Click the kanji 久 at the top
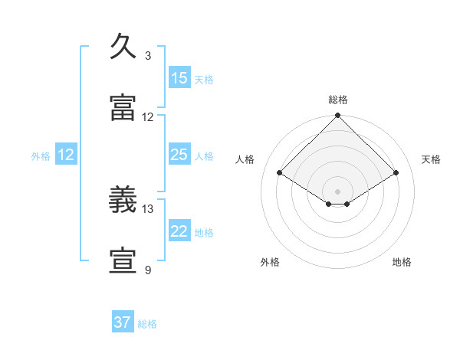tap(123, 46)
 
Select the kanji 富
tap(123, 107)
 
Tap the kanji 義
tap(123, 199)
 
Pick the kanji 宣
tap(123, 260)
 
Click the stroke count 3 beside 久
tap(148, 56)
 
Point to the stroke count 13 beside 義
tap(147, 209)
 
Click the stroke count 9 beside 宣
tap(148, 270)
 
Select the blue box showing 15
tap(179, 77)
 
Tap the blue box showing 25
tap(179, 154)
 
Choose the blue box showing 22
tap(179, 230)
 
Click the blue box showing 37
tap(123, 321)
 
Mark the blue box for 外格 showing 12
tap(66, 154)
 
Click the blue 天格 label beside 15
tap(204, 80)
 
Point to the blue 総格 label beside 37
tap(147, 324)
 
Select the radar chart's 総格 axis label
tap(338, 100)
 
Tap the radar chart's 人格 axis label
tap(245, 159)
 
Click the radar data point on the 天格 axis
tap(396, 172)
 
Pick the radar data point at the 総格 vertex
tap(337, 115)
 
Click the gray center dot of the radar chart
tap(337, 191)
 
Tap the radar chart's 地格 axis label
tap(402, 262)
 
